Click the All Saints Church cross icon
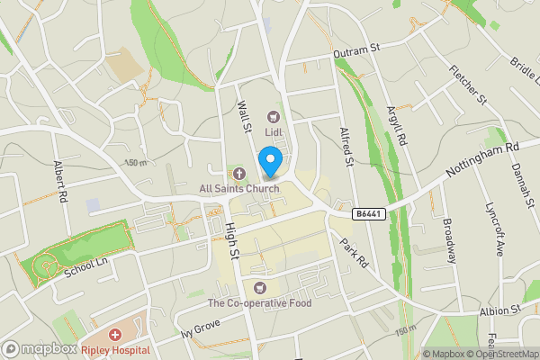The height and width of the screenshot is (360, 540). point(238,173)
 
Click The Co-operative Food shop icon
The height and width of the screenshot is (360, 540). point(261,288)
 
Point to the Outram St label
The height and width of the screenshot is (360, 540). point(351,53)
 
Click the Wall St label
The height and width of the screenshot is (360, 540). point(243,119)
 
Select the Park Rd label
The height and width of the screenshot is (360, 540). point(355,252)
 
